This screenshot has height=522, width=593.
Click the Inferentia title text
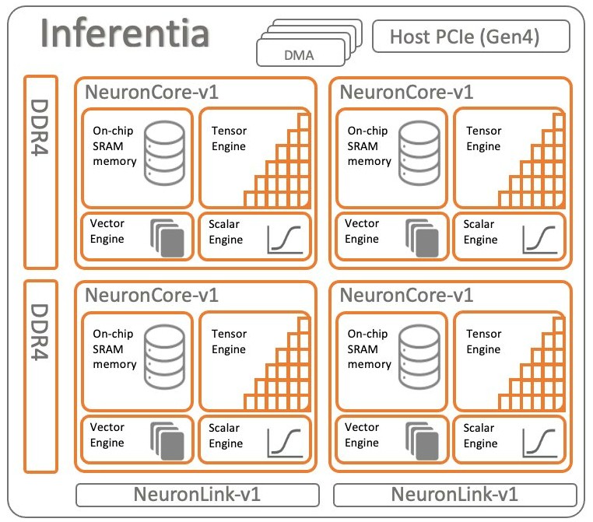[x=125, y=33]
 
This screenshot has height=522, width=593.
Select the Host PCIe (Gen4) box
[x=471, y=37]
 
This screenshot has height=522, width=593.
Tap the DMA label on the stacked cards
[x=299, y=55]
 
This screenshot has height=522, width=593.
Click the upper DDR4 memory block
[x=40, y=172]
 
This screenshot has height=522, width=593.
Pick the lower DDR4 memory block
[x=40, y=376]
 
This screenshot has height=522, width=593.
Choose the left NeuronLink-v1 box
[x=198, y=495]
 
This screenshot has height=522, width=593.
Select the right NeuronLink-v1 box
[x=455, y=495]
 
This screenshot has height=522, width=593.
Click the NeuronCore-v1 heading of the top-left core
[x=152, y=93]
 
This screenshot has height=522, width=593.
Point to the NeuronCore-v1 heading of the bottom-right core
[x=406, y=295]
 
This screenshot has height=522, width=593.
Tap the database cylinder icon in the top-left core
[x=164, y=152]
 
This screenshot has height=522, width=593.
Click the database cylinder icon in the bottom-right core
[x=419, y=357]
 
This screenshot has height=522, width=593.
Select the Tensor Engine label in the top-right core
[x=484, y=138]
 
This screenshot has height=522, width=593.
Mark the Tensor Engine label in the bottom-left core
[x=229, y=342]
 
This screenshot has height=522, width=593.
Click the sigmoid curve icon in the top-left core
[x=285, y=240]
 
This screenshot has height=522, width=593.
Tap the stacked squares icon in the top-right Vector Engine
[x=422, y=238]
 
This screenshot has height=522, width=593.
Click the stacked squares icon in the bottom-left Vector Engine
[x=167, y=441]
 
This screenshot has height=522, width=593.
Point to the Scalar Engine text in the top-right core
[x=480, y=232]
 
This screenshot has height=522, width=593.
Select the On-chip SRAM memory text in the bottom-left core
[x=114, y=349]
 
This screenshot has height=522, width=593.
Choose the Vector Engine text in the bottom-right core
[x=362, y=435]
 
